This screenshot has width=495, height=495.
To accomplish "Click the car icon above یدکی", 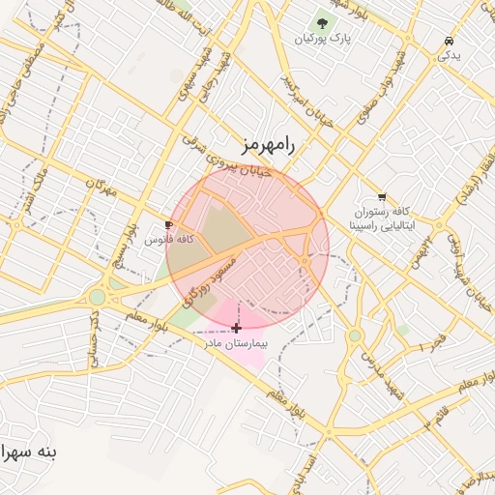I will coord(450,41).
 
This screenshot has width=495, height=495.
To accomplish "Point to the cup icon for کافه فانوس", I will coord(169,224).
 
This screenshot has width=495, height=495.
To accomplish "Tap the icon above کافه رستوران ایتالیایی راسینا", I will coord(383,196).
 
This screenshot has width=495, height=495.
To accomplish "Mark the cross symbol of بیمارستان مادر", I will coord(236,329).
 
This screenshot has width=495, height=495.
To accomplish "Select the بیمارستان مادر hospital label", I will coord(235,343).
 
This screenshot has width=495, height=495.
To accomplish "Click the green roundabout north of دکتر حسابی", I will coord(98,297).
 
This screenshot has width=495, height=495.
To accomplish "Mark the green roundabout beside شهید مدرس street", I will coord(355,335).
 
